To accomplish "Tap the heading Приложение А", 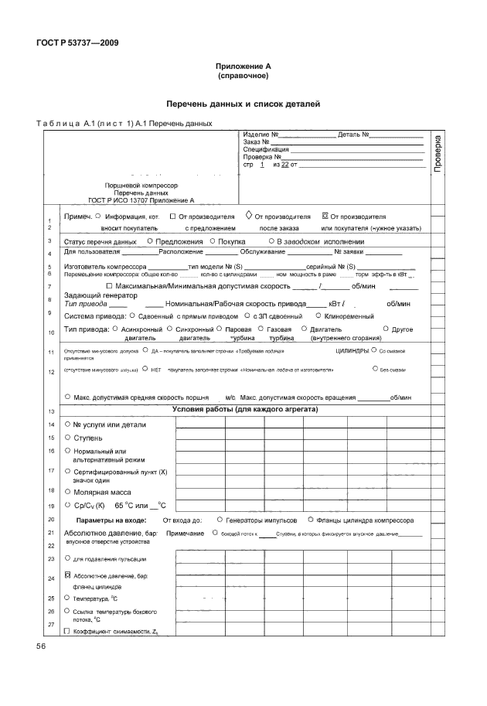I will click(243, 67).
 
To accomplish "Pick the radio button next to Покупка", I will click(212, 242).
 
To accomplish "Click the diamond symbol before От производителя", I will click(248, 216).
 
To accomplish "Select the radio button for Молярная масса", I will click(68, 491).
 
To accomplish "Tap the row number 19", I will click(51, 505).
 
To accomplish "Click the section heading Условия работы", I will click(245, 408).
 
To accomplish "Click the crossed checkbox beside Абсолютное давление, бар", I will click(68, 575).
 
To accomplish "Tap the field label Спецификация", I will click(266, 149).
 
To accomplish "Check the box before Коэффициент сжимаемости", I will click(68, 631).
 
